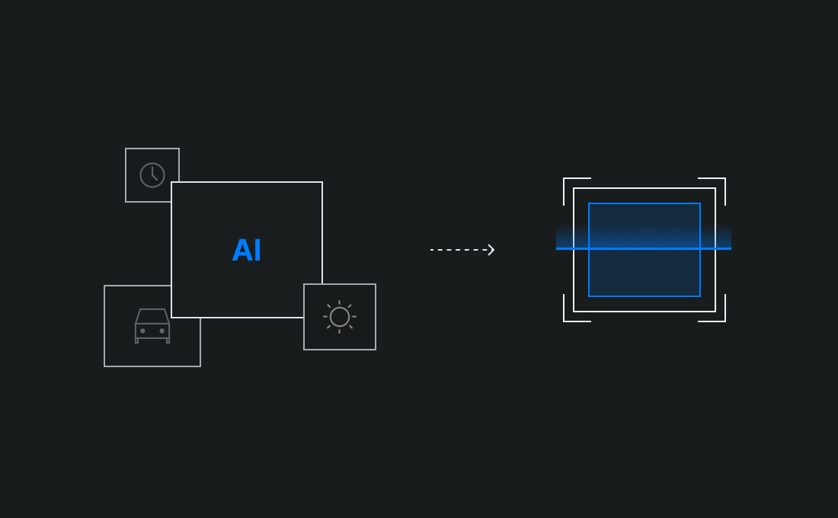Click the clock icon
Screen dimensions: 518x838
pos(152,175)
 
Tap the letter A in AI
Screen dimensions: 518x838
pos(241,251)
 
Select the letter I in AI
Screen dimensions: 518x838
pos(257,251)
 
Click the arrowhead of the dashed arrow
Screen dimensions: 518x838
pos(491,249)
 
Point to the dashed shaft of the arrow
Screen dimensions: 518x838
pos(457,249)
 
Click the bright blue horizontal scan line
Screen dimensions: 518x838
pos(644,248)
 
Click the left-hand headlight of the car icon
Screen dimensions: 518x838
pos(142,331)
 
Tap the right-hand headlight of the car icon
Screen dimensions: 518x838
pos(162,331)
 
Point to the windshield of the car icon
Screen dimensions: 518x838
pos(152,316)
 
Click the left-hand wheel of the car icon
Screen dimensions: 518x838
pos(137,341)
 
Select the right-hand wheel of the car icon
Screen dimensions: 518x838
pos(168,341)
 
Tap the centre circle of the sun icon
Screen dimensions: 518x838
pos(340,317)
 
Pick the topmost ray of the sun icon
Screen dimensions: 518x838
pos(340,302)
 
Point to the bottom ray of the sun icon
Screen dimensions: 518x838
pos(340,331)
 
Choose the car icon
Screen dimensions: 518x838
pos(152,326)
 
